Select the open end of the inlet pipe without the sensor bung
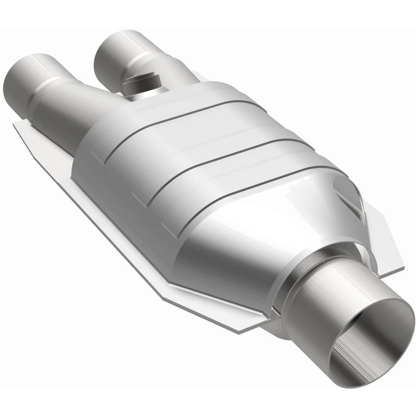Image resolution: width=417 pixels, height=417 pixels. (x=22, y=74)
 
